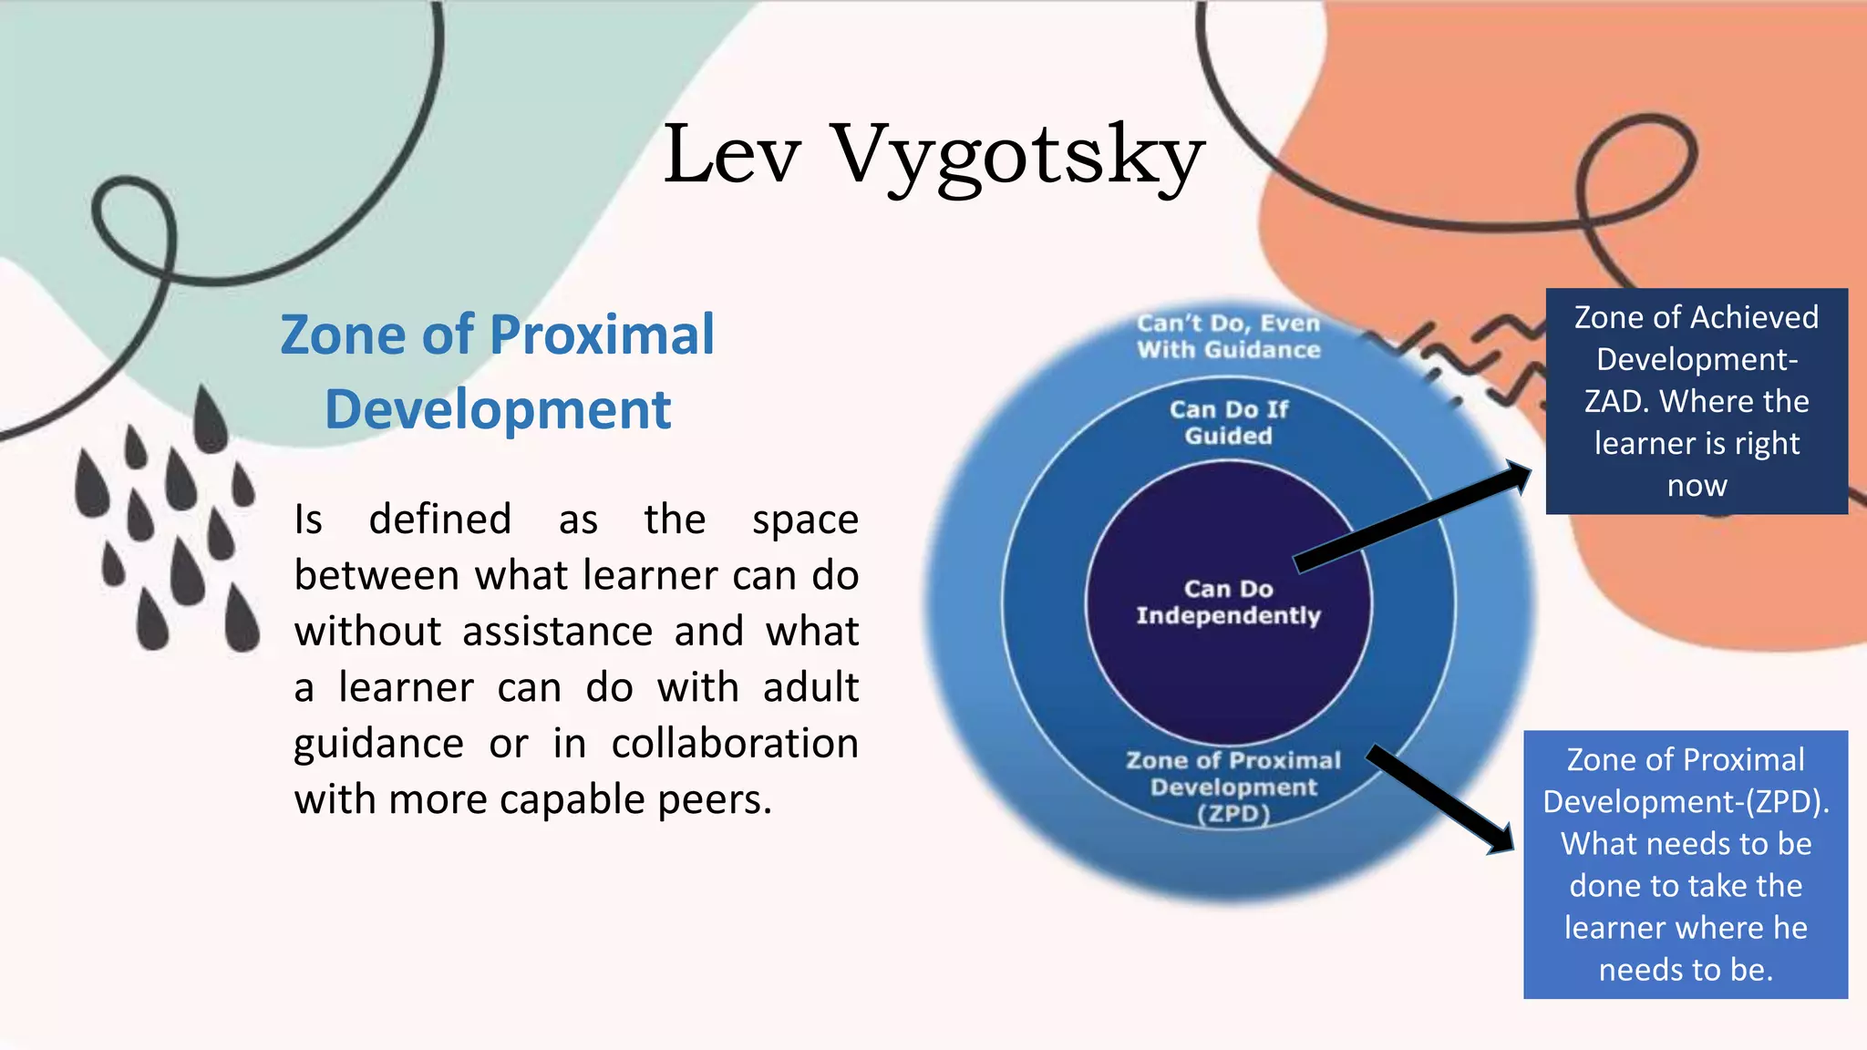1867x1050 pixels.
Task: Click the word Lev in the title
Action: [x=732, y=155]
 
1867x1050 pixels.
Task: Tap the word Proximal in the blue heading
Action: [x=603, y=335]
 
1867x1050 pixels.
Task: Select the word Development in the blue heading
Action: [x=498, y=409]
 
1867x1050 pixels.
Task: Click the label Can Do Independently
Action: [x=1228, y=602]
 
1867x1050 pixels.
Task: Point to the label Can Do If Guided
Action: [x=1228, y=422]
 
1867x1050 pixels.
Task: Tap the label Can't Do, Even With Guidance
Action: [x=1228, y=336]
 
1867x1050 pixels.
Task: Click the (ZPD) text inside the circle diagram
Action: [x=1233, y=814]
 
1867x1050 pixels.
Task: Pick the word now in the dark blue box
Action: [x=1697, y=486]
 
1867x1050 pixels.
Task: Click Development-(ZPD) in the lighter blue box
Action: [x=1686, y=802]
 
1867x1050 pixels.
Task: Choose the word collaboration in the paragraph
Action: [x=735, y=744]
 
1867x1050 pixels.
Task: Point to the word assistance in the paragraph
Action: [x=557, y=632]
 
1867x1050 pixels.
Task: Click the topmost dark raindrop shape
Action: [x=211, y=419]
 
